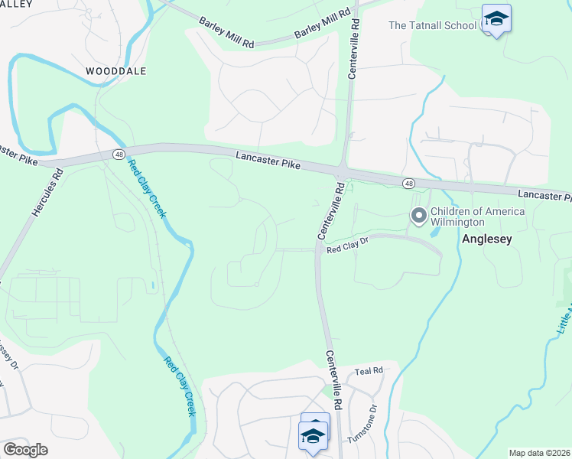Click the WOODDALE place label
[x=115, y=70]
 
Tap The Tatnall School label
[x=432, y=25]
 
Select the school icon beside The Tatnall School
[x=496, y=19]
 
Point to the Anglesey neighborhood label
[x=486, y=239]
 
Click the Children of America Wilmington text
[x=477, y=216]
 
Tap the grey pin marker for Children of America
[x=418, y=216]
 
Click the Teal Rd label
[x=369, y=371]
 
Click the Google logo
[x=25, y=450]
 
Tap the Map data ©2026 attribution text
[x=540, y=453]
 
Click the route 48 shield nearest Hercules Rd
[x=119, y=154]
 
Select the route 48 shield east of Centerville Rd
[x=409, y=184]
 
